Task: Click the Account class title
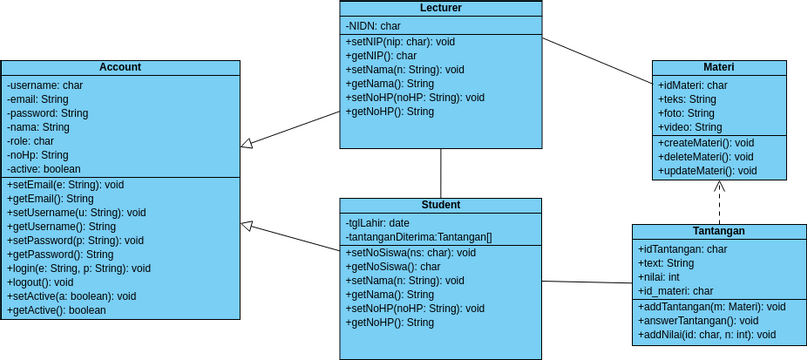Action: [120, 67]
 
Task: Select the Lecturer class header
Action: [441, 8]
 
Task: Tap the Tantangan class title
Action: [718, 230]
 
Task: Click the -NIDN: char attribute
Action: [373, 25]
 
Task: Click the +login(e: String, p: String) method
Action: [78, 268]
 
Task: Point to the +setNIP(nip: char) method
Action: [400, 42]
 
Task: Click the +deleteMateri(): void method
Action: [706, 157]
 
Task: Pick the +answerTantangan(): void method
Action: [697, 320]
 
